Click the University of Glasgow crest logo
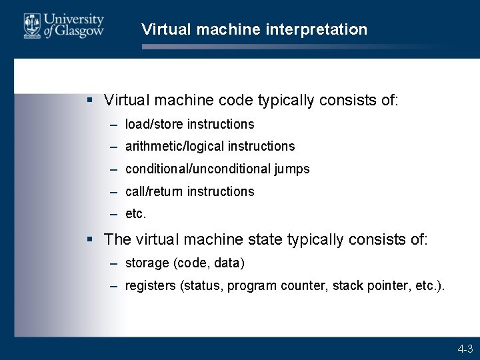(x=31, y=26)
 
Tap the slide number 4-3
(x=465, y=349)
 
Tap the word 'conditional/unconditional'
(x=197, y=169)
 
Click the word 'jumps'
(x=292, y=169)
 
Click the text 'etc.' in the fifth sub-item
(x=135, y=214)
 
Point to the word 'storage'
(x=147, y=263)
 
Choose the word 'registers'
(x=151, y=286)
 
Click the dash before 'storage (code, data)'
(x=114, y=263)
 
